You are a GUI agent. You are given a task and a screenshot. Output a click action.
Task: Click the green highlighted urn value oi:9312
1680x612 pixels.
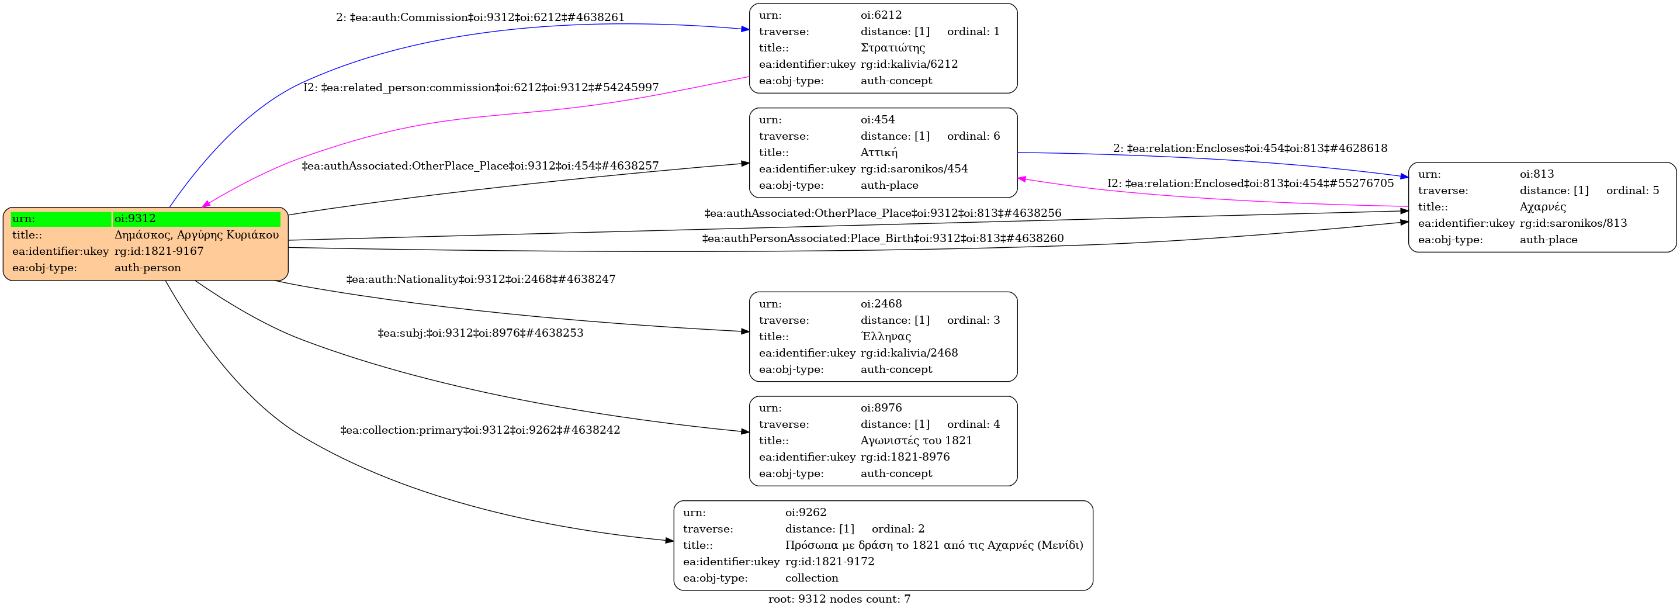[x=135, y=219]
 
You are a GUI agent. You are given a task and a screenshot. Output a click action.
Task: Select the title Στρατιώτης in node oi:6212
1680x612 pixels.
[x=892, y=47]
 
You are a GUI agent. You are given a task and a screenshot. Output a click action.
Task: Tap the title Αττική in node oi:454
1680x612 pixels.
[x=878, y=153]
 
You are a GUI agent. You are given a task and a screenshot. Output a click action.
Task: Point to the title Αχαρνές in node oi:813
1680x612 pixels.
[x=1543, y=207]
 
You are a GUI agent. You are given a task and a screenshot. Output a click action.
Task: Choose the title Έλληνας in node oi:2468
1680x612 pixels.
[x=885, y=337]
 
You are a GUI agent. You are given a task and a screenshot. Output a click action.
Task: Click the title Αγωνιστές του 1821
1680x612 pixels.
[x=916, y=440]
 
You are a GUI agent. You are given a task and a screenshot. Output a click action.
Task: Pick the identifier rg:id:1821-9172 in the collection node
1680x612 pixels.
[x=829, y=561]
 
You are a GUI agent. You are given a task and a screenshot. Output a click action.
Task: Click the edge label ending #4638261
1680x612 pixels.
[x=480, y=18]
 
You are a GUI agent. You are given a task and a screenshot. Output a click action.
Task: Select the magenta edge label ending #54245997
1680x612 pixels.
[x=481, y=88]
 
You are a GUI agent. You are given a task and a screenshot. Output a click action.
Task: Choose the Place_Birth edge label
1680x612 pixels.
[x=882, y=238]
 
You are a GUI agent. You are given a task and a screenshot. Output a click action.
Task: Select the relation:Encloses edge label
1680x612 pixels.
[x=1249, y=148]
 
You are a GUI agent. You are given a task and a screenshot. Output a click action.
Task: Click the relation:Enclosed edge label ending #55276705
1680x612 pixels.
[x=1249, y=184]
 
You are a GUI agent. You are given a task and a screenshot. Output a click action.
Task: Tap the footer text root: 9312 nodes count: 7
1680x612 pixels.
[x=839, y=599]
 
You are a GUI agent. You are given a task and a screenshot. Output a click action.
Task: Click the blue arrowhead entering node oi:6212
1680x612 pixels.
[x=745, y=29]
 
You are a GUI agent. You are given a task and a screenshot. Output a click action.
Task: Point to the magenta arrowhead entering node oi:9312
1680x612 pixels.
[x=206, y=204]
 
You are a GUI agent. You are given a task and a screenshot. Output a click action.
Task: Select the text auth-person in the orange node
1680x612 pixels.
[x=147, y=268]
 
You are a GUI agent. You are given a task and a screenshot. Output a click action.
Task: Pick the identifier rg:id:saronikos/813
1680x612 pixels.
[x=1572, y=223]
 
